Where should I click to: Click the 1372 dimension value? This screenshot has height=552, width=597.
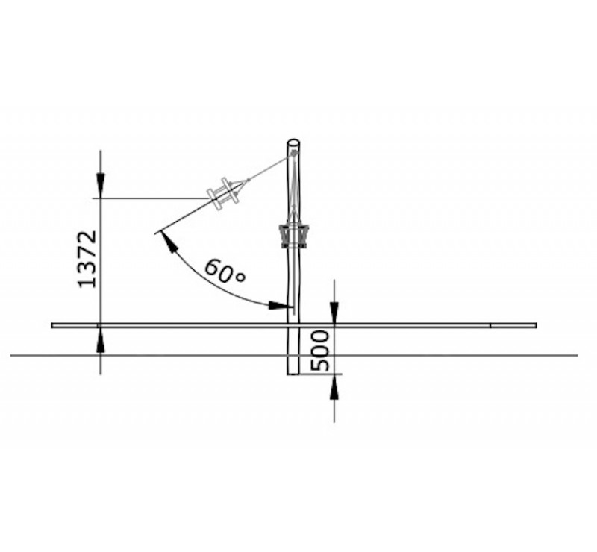coord(87,259)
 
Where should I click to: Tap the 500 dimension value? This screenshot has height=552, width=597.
coord(320,351)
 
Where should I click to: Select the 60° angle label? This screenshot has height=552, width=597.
coord(225,271)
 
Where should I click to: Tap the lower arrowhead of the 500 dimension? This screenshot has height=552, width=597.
coord(334,386)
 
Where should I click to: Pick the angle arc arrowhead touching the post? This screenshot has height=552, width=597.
coord(277,305)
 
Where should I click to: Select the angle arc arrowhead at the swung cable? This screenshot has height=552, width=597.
coord(170,242)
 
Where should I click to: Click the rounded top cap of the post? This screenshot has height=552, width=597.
coord(293,143)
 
